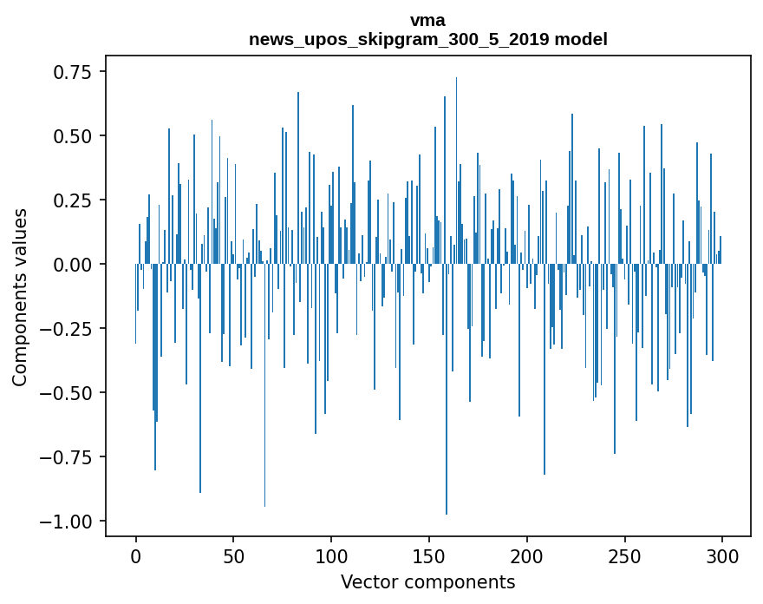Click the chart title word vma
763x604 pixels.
(427, 20)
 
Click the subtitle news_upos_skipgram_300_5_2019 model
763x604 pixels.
(427, 39)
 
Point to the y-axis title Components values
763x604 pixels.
(20, 297)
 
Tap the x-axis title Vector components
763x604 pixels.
(427, 581)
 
